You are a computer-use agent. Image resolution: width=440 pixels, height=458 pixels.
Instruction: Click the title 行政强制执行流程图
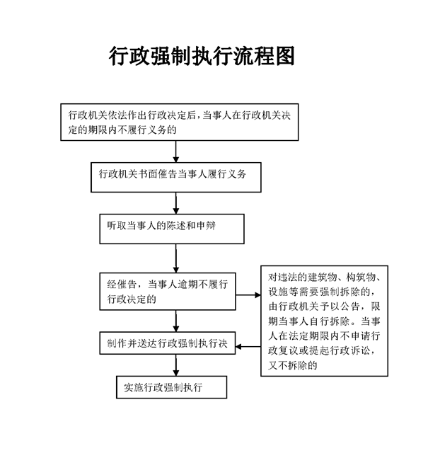202,56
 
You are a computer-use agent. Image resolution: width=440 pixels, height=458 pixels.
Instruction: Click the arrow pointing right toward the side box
248,295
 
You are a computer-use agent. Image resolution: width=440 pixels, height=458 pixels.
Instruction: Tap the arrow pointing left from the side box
248,347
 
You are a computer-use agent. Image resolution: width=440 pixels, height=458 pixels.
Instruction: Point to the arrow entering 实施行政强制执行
176,365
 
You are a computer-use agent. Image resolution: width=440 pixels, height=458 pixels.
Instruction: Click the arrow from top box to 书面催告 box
176,151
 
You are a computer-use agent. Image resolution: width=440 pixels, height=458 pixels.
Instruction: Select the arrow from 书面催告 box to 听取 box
176,203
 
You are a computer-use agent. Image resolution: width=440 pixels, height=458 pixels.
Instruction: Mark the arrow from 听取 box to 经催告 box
176,258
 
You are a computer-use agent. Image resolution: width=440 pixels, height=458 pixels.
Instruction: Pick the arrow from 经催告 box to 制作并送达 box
176,321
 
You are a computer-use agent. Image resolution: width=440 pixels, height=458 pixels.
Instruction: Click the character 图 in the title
285,56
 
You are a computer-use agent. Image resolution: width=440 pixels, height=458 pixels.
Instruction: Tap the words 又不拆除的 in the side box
293,365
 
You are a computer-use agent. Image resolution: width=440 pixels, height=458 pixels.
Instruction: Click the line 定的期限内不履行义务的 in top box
122,130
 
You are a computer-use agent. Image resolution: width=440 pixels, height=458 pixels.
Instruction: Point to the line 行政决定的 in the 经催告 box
132,299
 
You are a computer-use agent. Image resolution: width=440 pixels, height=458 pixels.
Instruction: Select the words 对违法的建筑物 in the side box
303,277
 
